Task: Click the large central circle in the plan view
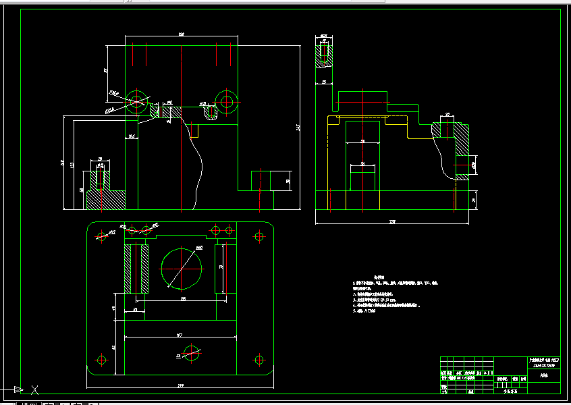[x=182, y=268]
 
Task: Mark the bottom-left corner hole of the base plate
[x=102, y=359]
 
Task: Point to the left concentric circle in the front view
[x=138, y=102]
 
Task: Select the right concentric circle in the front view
[x=225, y=102]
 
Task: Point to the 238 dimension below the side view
[x=392, y=221]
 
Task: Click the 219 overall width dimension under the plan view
[x=180, y=386]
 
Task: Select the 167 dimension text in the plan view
[x=180, y=334]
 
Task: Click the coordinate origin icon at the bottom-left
[x=34, y=389]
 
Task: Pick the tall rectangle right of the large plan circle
[x=225, y=269]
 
